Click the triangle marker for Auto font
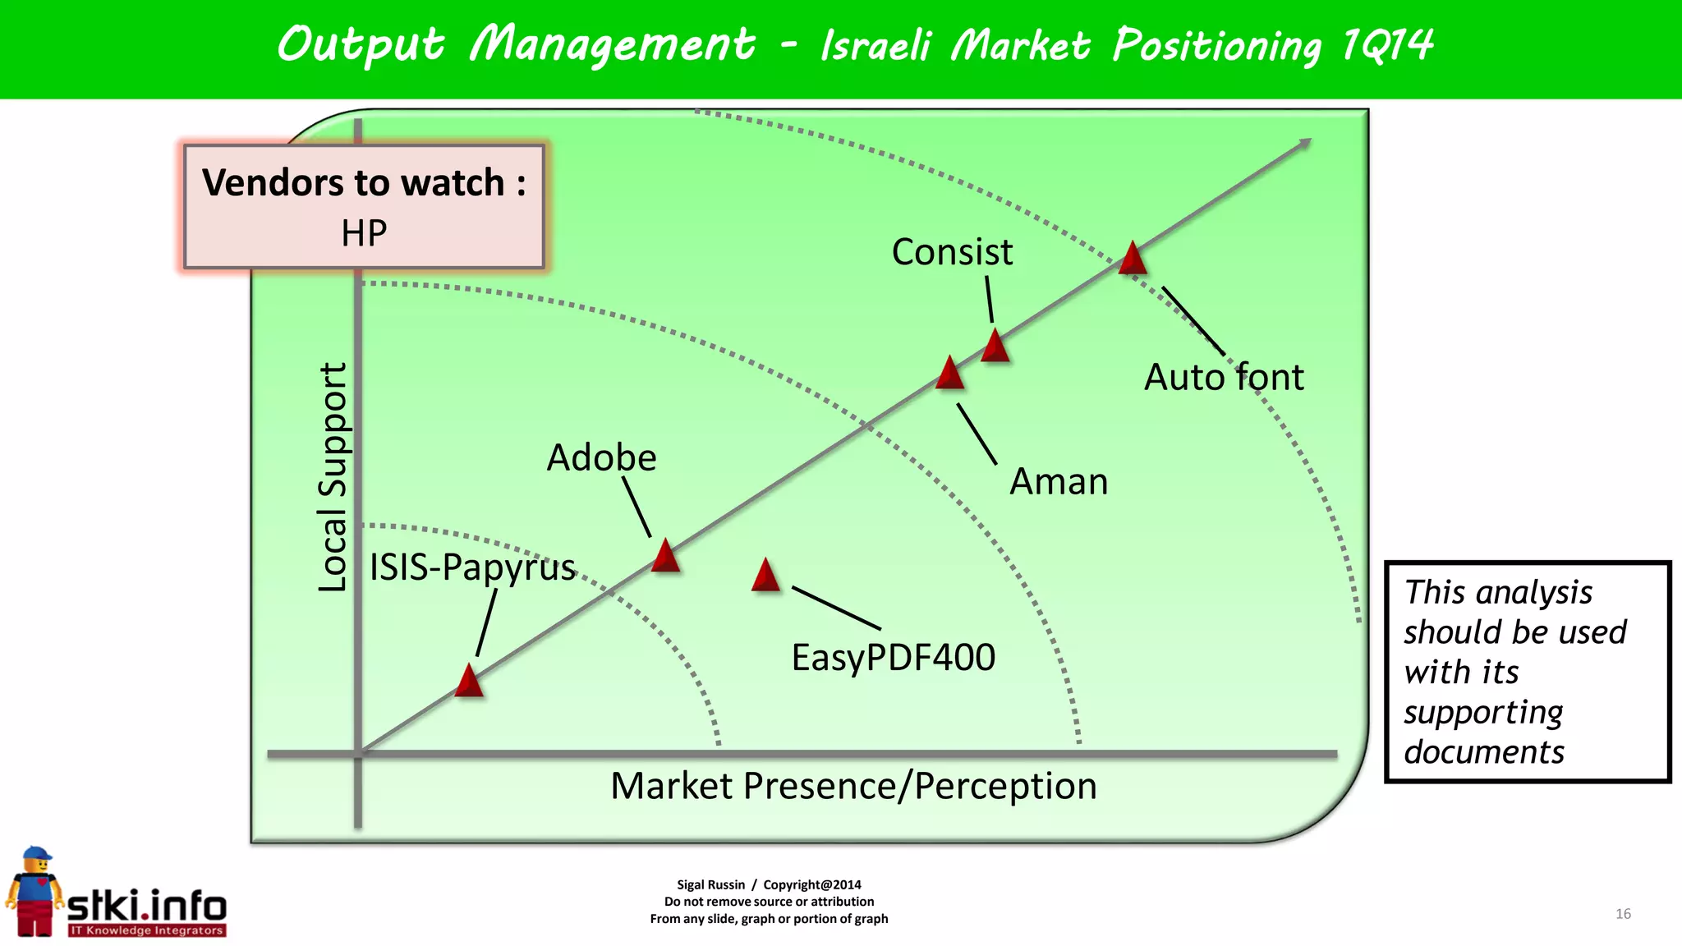[1133, 259]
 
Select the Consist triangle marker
[995, 347]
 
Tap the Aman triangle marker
[950, 374]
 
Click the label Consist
[952, 252]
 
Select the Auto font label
[1223, 378]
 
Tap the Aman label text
[1059, 481]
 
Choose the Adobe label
[601, 457]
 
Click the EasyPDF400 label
[893, 657]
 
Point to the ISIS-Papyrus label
[472, 567]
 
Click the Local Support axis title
[333, 477]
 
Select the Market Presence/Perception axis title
[853, 786]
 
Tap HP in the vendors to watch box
[364, 233]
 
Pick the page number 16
[1623, 914]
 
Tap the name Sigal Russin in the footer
[710, 884]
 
